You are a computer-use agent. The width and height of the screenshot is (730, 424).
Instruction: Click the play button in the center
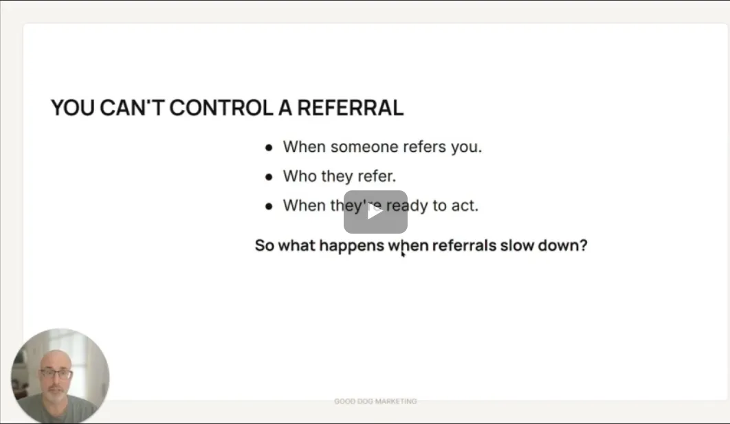[376, 212]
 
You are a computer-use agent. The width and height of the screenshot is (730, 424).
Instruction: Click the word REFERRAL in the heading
[350, 108]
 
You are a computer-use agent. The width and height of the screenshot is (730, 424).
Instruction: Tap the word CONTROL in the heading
[221, 108]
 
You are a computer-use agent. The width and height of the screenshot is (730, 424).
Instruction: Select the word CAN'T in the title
[132, 108]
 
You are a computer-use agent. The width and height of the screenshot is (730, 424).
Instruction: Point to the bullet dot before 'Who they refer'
[269, 177]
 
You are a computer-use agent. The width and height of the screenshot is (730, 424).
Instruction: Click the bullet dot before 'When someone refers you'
[269, 148]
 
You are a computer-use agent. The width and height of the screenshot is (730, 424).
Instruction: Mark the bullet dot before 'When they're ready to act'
[269, 206]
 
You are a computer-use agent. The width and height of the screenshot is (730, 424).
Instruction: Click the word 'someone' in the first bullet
[364, 147]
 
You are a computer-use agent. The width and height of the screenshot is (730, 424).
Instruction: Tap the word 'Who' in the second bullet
[298, 176]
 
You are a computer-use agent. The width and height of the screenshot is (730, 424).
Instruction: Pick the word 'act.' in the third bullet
[465, 205]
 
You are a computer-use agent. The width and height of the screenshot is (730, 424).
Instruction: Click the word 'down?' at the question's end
[563, 245]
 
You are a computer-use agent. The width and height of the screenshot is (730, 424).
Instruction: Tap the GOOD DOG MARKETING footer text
[375, 401]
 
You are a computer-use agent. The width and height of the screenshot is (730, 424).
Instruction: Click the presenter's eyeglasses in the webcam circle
[56, 374]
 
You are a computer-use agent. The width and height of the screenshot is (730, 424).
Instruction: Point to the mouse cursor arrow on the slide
[403, 254]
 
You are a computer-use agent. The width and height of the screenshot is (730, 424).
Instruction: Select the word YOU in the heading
[73, 108]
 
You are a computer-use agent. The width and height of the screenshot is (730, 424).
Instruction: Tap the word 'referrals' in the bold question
[464, 245]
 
